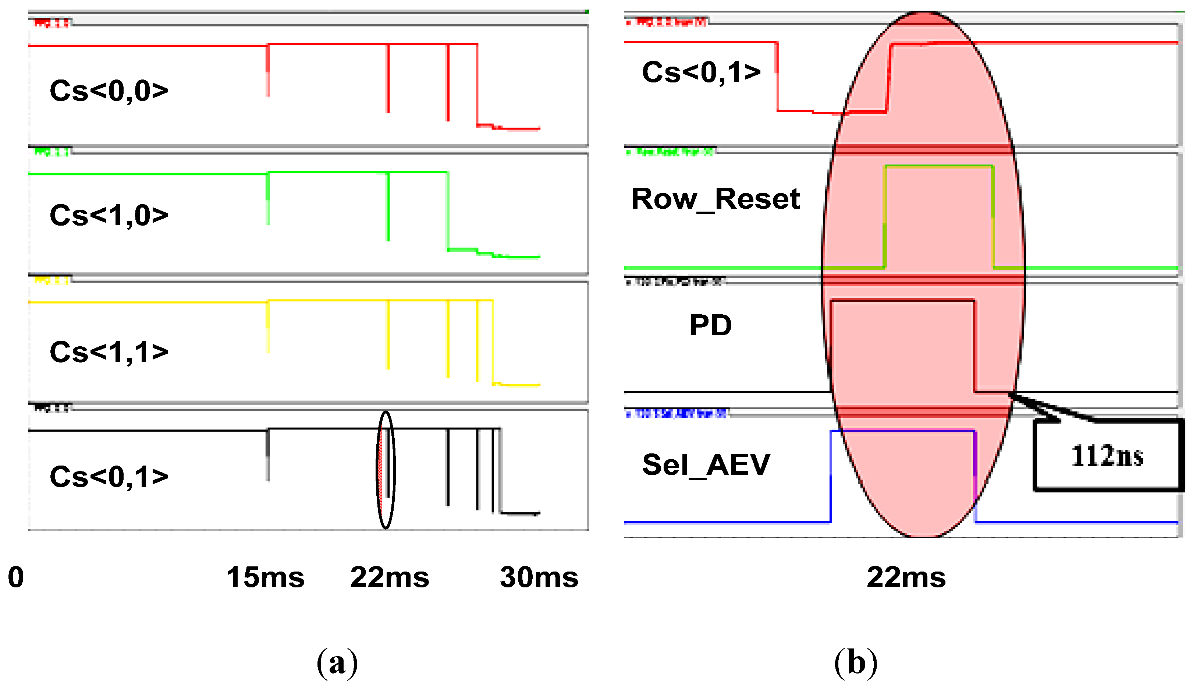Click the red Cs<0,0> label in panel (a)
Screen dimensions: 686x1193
(x=109, y=91)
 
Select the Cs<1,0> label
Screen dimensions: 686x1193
(x=109, y=215)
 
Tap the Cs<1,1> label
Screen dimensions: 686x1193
(x=109, y=352)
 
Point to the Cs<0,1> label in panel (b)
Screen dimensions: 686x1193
(x=701, y=72)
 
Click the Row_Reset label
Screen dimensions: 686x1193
(x=715, y=199)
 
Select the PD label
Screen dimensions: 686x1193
(x=710, y=325)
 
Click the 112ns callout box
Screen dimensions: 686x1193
(x=1107, y=456)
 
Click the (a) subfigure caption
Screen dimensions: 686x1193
(x=337, y=662)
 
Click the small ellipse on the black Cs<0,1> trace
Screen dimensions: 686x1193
(x=386, y=470)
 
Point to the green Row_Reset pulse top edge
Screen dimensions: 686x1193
(x=939, y=166)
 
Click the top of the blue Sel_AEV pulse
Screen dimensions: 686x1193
(x=902, y=430)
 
